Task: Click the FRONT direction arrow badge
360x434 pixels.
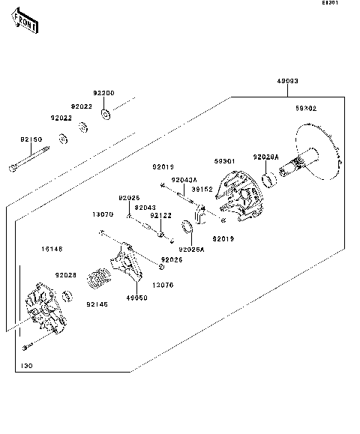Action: click(25, 24)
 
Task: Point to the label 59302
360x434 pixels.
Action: click(305, 109)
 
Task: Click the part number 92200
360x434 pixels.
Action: click(103, 93)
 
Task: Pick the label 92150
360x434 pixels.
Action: click(31, 139)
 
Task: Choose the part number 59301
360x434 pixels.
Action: click(225, 160)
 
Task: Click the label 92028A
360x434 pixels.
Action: click(265, 157)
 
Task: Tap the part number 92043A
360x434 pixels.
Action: click(184, 180)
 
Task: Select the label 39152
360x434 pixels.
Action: click(202, 190)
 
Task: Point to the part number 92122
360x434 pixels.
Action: click(161, 216)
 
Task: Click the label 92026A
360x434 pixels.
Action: click(191, 250)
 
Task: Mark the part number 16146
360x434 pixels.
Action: click(52, 248)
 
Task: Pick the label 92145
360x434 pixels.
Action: click(97, 304)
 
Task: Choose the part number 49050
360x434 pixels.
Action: click(136, 297)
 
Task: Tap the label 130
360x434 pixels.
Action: click(27, 365)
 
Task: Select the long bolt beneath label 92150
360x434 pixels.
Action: click(29, 159)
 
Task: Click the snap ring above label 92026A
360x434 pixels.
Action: click(192, 228)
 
